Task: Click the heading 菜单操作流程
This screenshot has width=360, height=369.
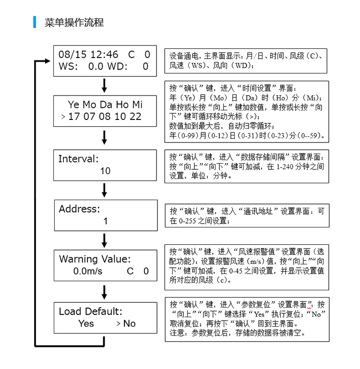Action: (74, 22)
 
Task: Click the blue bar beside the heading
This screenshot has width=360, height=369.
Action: (35, 22)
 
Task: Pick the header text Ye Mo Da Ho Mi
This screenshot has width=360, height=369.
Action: (105, 105)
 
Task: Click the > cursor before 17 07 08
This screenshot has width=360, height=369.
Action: (63, 117)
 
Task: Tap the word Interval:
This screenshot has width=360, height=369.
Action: (78, 159)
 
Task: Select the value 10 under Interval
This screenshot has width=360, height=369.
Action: (105, 171)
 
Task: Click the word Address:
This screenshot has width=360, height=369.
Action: (79, 209)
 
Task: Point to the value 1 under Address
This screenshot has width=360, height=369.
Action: (106, 221)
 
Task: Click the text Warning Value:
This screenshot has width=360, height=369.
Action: (95, 259)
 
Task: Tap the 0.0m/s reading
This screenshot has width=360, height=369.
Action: (87, 271)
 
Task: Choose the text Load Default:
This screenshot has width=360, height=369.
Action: (90, 311)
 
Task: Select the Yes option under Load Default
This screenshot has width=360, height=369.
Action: (86, 323)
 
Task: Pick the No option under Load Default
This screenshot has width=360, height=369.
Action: (129, 323)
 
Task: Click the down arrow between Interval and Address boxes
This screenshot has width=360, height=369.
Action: (105, 190)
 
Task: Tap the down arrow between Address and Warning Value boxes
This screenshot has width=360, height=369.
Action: (105, 240)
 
